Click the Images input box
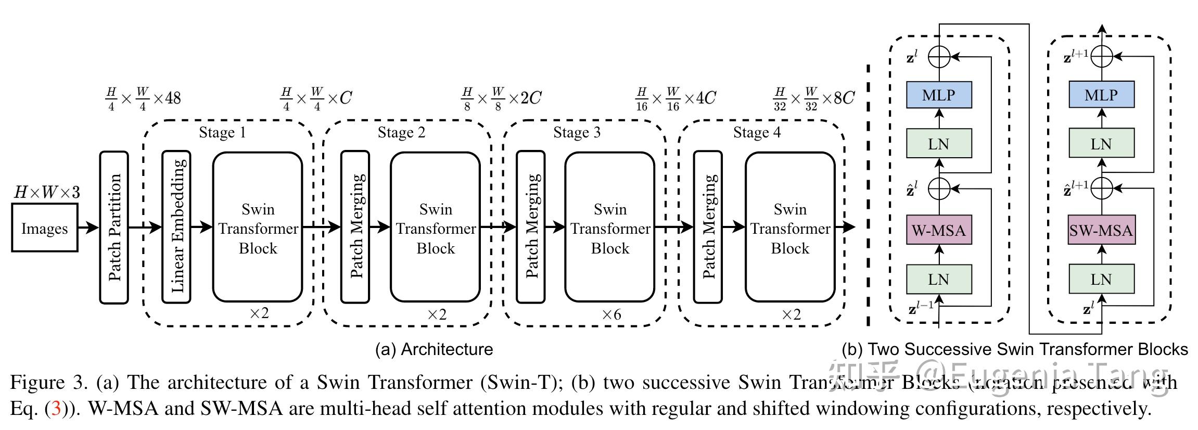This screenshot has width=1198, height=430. click(45, 228)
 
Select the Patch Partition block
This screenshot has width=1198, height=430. click(114, 227)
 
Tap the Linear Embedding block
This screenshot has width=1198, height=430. click(176, 227)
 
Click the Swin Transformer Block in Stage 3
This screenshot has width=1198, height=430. click(610, 227)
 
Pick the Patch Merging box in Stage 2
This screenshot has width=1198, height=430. click(355, 227)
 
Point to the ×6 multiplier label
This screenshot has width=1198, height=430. click(611, 314)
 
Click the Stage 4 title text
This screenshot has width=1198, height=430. click(757, 133)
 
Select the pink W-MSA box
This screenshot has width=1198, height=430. click(939, 230)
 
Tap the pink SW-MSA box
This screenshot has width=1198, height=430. click(1101, 230)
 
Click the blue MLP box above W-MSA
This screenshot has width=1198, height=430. click(939, 95)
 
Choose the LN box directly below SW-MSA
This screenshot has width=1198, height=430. click(1101, 280)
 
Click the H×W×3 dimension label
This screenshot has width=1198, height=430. click(47, 193)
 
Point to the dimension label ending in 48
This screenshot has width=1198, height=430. click(143, 98)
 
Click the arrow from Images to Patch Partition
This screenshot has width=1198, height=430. click(88, 227)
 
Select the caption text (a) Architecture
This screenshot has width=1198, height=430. click(434, 349)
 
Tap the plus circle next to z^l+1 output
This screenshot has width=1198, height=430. click(1101, 57)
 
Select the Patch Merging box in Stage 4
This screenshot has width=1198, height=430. click(708, 227)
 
